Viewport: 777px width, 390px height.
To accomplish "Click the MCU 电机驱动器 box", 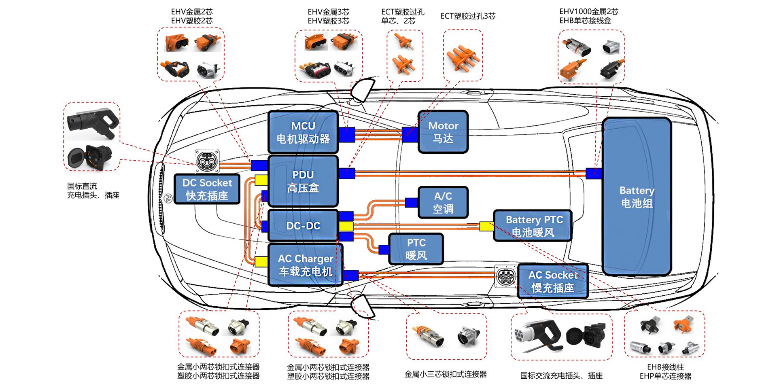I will coord(303,132).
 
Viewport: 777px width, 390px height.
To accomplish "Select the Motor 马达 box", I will coord(443,132).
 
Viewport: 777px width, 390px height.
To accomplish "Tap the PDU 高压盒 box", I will coord(303,181).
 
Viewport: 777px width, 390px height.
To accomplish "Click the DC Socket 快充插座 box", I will coord(207,189).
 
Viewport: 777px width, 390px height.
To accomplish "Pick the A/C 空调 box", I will coord(443,202).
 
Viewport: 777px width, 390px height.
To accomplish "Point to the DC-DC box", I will coord(303,226).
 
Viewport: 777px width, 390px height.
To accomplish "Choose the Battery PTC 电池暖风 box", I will coord(533,226).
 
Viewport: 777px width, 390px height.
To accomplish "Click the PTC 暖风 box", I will coord(416,249).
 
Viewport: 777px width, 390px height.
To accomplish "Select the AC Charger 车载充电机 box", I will coord(305,265).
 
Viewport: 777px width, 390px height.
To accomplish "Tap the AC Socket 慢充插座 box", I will coord(553,281).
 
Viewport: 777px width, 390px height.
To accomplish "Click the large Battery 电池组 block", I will coord(637,197).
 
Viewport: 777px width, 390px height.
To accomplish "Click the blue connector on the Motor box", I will coord(410,135).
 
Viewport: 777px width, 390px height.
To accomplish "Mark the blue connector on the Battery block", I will coord(594,173).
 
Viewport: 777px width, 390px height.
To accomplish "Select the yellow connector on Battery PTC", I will coord(486,226).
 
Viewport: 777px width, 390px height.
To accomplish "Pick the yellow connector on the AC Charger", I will coord(261,261).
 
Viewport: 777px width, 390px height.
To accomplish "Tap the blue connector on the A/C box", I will coord(411,202).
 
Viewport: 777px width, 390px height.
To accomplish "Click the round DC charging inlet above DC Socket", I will coord(207,161).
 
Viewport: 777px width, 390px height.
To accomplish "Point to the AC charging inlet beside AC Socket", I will coord(506,276).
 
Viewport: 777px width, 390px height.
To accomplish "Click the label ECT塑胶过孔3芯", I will coord(468,16).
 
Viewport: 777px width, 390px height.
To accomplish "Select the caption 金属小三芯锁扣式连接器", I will coord(446,375).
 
